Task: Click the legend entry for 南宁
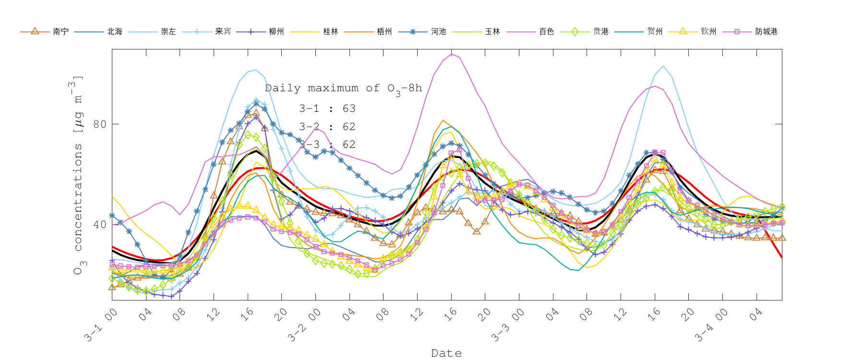(60, 32)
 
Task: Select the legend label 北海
(114, 32)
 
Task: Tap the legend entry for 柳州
(276, 32)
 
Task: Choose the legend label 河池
(438, 32)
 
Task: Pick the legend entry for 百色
(546, 32)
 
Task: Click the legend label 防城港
(766, 32)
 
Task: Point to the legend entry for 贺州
(655, 32)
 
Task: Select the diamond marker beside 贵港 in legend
(575, 32)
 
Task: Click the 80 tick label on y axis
(99, 124)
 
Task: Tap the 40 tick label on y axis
(99, 225)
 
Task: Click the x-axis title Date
(446, 353)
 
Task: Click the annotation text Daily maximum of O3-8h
(343, 88)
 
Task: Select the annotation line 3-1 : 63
(327, 108)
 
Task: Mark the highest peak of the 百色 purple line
(451, 54)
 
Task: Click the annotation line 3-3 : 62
(327, 144)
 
